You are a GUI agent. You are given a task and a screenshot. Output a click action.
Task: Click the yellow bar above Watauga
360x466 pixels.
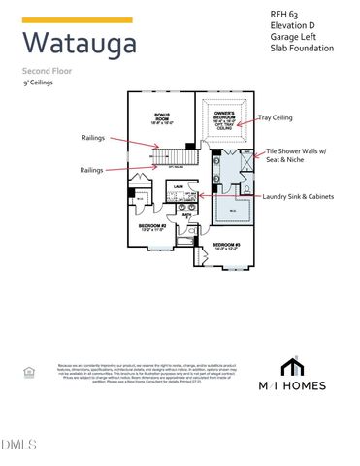77,20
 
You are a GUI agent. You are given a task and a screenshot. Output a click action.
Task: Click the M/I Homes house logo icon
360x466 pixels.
289,368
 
